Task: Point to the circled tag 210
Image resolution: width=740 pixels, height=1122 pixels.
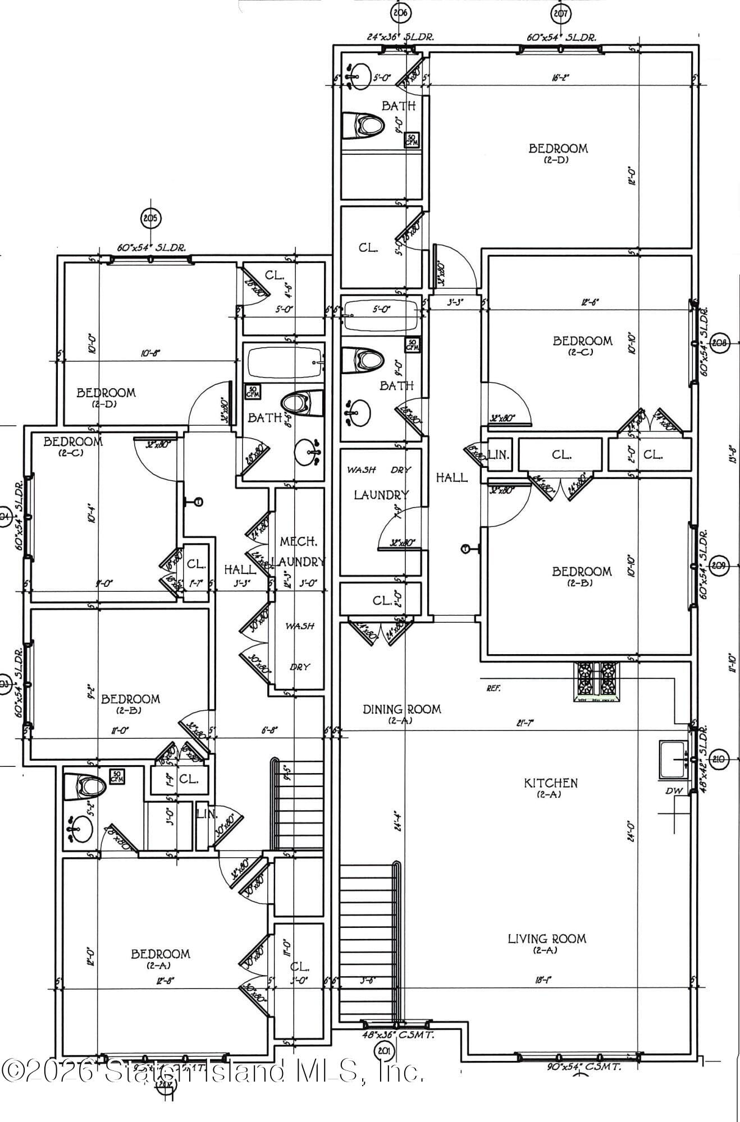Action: tap(719, 760)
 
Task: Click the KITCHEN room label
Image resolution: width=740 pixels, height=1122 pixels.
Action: tap(550, 783)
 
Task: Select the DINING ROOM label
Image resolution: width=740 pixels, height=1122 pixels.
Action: tap(401, 709)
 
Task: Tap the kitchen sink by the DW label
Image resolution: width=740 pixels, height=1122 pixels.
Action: tap(673, 760)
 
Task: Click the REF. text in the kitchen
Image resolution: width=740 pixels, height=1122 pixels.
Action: tap(494, 688)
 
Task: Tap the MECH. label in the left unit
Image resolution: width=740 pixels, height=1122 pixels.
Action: tap(298, 542)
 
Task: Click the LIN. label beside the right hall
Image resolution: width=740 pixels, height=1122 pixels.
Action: tap(499, 454)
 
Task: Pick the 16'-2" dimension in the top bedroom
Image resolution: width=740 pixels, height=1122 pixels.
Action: tap(560, 77)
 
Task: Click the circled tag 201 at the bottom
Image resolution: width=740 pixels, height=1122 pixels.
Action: tap(385, 1050)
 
